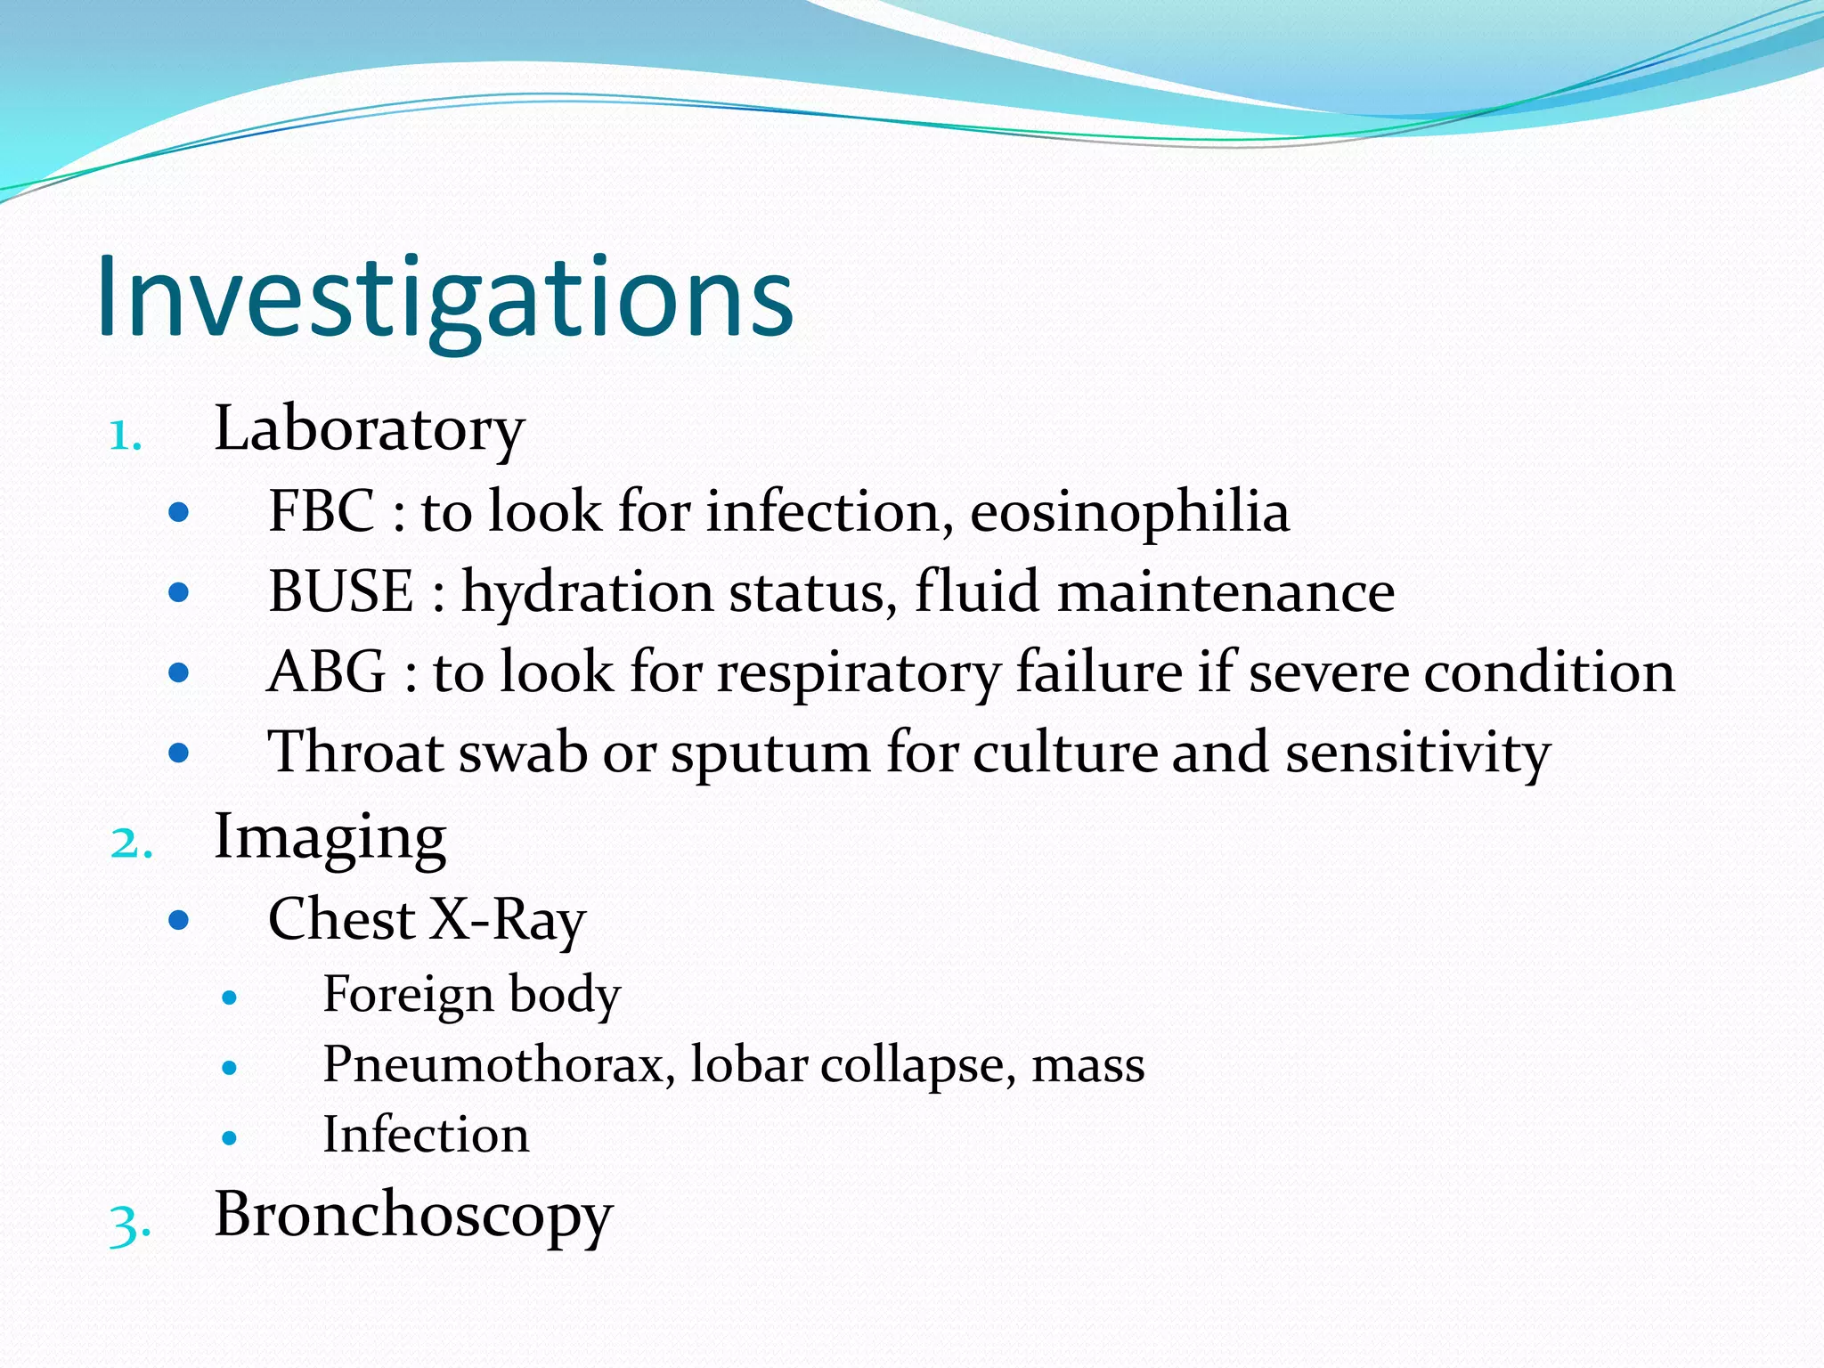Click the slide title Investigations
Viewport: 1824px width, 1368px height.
(445, 298)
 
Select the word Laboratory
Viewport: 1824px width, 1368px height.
(369, 430)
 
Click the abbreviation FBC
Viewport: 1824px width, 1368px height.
(322, 512)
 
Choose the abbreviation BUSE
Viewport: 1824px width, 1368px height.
(341, 592)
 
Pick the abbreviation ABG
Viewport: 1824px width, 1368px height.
(327, 672)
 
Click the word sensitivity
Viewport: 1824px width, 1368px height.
(1418, 753)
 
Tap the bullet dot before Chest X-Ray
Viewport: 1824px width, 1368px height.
(179, 920)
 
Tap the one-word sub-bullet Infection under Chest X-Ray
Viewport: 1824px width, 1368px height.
(426, 1136)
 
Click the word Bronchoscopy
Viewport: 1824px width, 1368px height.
(413, 1217)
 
